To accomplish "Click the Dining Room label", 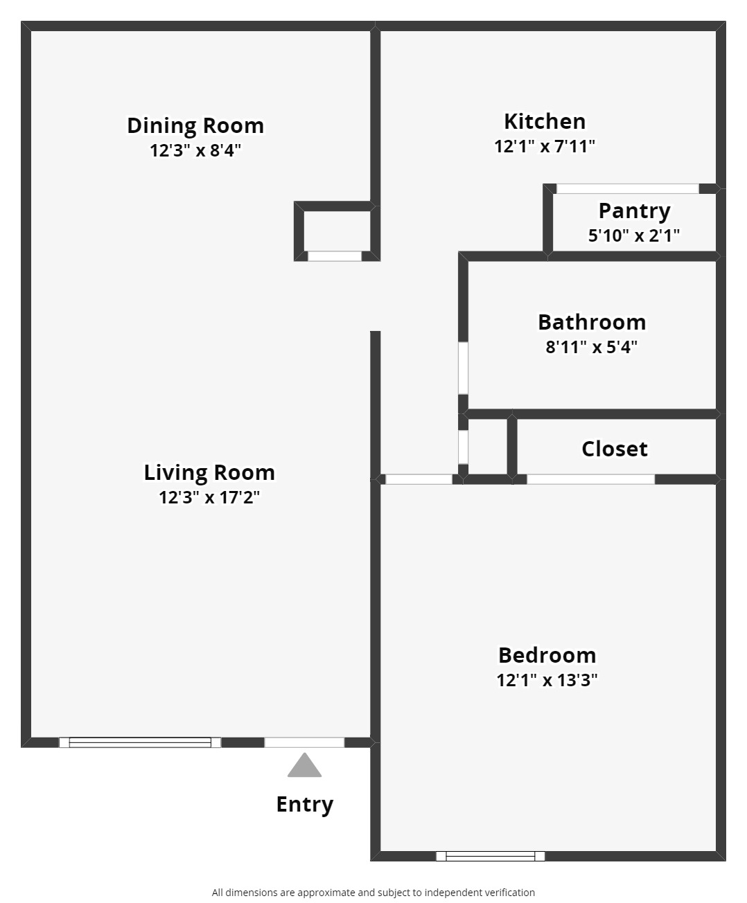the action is click(x=195, y=126).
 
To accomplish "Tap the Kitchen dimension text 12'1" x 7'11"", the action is click(x=545, y=147).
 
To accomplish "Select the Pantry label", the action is click(x=634, y=212).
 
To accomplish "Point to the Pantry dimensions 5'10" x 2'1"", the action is click(x=633, y=235).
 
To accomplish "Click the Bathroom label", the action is click(x=592, y=322).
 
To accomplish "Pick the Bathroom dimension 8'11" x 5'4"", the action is click(x=591, y=347).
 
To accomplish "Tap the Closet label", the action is click(x=614, y=449).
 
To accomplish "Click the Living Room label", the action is click(x=209, y=473).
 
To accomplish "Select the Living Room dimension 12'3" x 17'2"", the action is click(x=209, y=497).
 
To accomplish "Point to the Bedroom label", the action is click(x=547, y=655).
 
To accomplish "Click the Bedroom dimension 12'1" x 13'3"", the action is click(x=547, y=680).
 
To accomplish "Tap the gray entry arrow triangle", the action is click(x=304, y=766).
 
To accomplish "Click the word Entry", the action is click(x=305, y=805).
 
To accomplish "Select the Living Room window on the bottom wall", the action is click(x=140, y=742).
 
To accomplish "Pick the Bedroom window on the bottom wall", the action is click(x=491, y=857).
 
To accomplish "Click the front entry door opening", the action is click(x=304, y=742).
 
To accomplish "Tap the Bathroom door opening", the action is click(x=463, y=368).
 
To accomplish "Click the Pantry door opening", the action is click(x=628, y=188).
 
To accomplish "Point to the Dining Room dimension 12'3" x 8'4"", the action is click(x=195, y=150).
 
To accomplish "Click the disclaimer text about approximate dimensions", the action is click(x=373, y=893).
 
